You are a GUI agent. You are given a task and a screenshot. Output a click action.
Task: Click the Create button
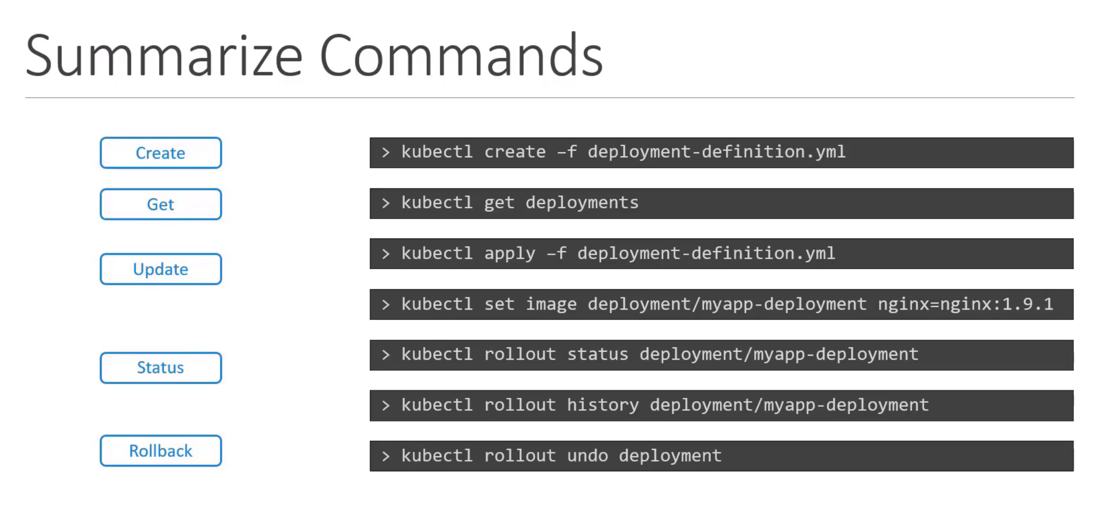160,153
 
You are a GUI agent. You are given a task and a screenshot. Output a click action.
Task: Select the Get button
160,204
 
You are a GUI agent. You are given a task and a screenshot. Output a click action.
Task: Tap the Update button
160,269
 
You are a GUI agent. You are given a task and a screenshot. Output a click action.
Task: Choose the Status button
160,368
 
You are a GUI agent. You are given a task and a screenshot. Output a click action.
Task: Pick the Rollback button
160,451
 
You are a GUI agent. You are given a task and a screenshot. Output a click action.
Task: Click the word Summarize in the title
164,56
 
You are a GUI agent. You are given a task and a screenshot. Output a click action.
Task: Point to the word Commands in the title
461,56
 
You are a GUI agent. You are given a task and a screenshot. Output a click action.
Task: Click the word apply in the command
509,254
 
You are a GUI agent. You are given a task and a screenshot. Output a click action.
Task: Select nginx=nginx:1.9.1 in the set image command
965,304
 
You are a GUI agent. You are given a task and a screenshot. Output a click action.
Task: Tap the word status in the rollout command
597,354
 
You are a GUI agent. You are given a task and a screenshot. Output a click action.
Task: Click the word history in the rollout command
603,405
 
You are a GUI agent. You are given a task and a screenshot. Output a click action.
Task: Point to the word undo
587,455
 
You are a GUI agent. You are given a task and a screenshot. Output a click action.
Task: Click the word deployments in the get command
582,203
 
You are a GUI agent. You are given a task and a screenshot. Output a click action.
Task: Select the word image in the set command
551,304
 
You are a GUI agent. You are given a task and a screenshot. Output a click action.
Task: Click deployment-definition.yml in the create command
716,152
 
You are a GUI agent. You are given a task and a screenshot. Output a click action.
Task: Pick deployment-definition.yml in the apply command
706,254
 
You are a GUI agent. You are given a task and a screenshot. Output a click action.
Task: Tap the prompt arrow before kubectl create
386,152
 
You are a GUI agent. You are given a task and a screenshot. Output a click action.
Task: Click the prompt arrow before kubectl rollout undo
386,456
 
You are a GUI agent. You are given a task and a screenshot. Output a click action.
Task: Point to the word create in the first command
514,152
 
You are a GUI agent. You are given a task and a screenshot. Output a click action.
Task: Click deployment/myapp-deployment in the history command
789,405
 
